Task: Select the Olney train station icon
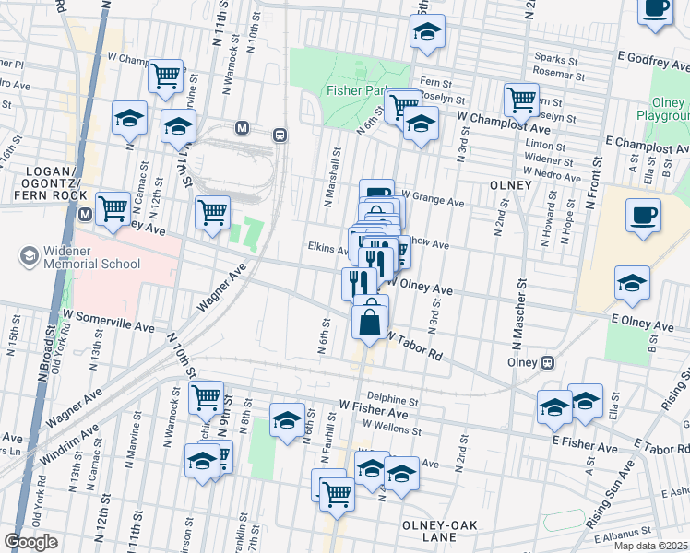[548, 362]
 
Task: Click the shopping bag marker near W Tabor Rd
[370, 323]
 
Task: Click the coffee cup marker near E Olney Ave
[643, 217]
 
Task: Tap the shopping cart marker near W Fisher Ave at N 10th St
[206, 398]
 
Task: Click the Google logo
[30, 542]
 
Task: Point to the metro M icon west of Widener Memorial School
[84, 215]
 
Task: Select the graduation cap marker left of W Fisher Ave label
[287, 420]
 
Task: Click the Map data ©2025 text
[650, 546]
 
